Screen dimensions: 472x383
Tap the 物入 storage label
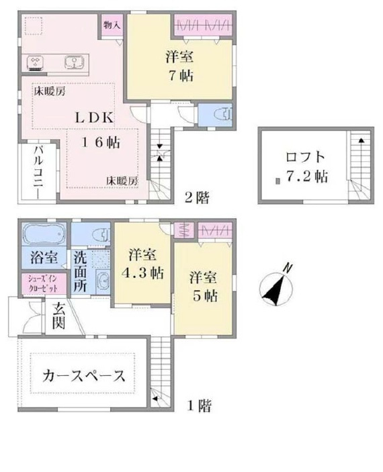111,25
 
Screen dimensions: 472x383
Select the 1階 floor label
200,406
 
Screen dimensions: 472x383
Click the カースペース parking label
84,375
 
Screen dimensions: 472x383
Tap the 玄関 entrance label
58,318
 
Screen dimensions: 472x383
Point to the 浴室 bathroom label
43,257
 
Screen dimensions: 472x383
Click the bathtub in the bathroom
44,236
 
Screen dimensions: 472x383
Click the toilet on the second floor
221,115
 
